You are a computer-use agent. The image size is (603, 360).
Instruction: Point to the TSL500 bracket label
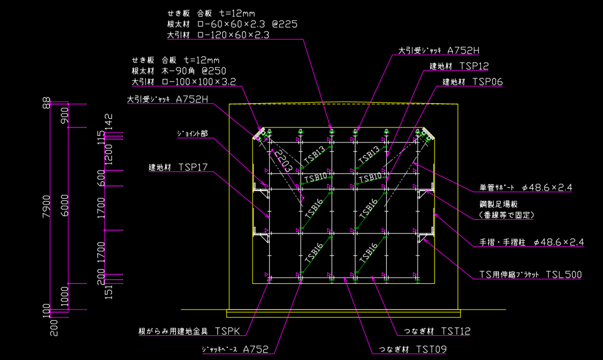pos(563,274)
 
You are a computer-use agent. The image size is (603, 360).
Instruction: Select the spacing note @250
pos(214,71)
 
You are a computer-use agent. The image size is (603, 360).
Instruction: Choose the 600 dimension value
pos(100,178)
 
